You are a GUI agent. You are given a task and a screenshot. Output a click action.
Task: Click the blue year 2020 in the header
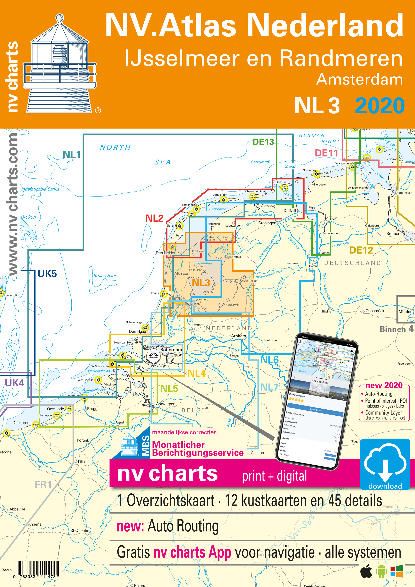pos(380,106)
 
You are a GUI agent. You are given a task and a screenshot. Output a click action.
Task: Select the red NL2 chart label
pos(154,218)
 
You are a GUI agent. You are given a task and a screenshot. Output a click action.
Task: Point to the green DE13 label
pos(263,142)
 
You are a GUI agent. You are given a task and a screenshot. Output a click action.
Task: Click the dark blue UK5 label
pos(47,273)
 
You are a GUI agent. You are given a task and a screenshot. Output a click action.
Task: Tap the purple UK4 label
pos(14,383)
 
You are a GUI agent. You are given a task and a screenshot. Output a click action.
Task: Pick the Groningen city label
pos(267,223)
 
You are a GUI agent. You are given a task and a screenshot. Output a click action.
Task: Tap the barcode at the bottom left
pos(38,569)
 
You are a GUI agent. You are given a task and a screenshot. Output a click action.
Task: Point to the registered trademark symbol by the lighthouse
pos(98,110)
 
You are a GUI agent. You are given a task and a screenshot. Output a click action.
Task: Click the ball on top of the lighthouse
pos(60,18)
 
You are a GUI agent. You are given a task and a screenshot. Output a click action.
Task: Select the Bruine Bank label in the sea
pos(105,275)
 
